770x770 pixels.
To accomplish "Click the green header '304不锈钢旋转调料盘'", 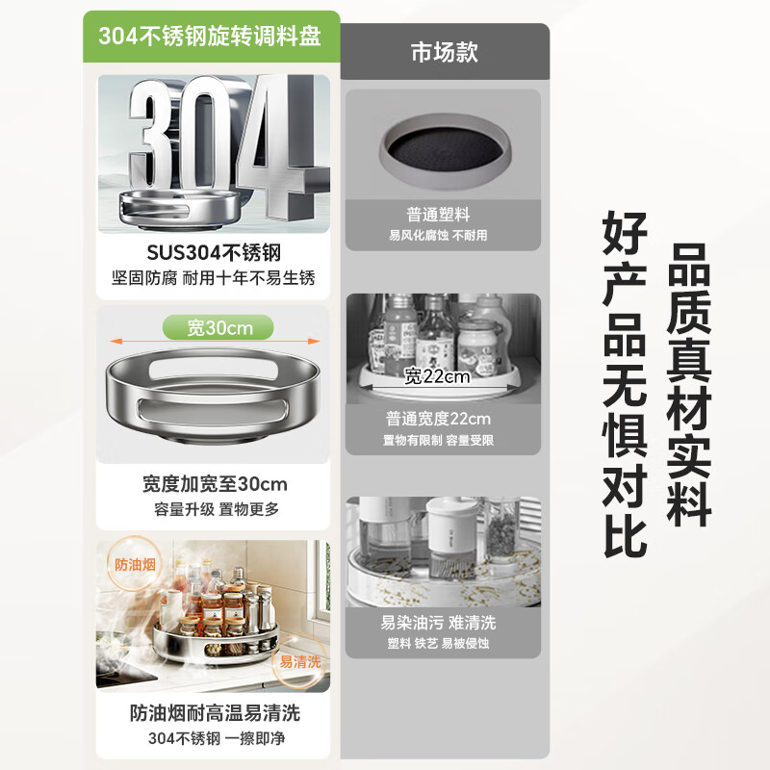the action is point(210,36).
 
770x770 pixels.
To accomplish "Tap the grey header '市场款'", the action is point(445,52).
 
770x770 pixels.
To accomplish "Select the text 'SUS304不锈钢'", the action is point(214,253).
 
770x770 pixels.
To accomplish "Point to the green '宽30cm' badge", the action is point(218,327).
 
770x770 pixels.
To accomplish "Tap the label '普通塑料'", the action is point(438,215).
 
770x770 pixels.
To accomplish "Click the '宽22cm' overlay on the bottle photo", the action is point(437,376).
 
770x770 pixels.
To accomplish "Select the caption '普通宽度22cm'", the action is point(438,419).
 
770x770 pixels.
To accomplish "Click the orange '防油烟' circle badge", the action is point(135,564).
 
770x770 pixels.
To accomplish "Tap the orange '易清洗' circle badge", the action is point(299,661).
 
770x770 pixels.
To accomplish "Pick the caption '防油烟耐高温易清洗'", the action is point(215,713).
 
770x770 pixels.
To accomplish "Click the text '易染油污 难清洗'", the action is point(438,623).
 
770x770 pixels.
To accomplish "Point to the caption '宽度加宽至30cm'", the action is point(215,484).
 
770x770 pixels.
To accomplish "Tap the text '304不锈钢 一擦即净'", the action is point(217,738).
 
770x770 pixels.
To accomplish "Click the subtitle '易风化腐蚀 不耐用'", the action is point(438,235).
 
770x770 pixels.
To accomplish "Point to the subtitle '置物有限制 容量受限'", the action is point(438,440).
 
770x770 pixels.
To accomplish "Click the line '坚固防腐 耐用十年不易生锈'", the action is point(213,278).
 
